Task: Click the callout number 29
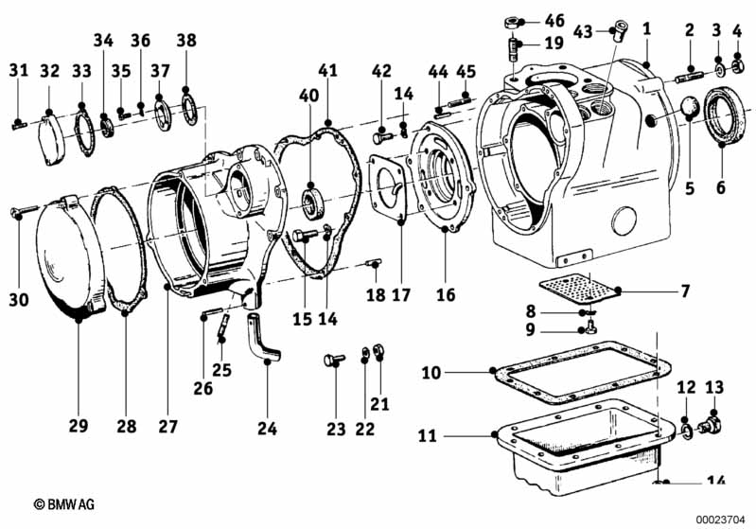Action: [79, 426]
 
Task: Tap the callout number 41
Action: [328, 70]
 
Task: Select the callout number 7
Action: [685, 291]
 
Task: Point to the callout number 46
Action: [554, 20]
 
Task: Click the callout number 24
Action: [267, 428]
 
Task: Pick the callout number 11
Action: [427, 436]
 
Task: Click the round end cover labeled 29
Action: [70, 256]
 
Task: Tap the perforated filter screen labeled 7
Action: [578, 289]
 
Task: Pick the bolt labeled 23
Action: [334, 360]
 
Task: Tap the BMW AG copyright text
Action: [64, 504]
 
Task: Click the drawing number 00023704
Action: [720, 520]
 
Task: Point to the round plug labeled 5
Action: [689, 107]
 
